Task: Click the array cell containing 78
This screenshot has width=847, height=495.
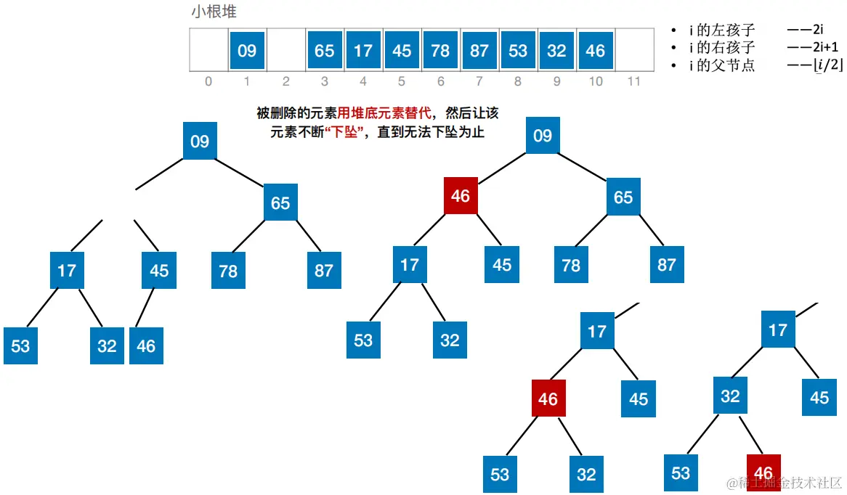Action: [x=440, y=51]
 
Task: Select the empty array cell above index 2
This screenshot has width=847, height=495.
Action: [x=285, y=51]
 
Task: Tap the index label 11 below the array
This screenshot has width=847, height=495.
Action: [x=633, y=81]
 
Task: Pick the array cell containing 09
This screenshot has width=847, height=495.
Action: [x=247, y=51]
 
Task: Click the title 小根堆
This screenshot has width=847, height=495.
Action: [x=214, y=12]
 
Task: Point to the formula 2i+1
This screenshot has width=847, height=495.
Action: [x=807, y=48]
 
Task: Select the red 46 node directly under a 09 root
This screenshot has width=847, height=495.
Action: [x=461, y=196]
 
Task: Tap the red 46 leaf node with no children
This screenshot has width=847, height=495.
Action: [x=763, y=472]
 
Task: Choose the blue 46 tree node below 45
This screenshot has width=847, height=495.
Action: [x=146, y=345]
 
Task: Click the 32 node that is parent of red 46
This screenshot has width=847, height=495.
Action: [x=730, y=396]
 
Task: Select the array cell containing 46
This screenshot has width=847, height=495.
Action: [x=595, y=51]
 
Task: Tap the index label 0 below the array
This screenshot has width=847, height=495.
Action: [x=208, y=81]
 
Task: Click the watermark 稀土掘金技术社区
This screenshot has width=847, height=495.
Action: [x=785, y=483]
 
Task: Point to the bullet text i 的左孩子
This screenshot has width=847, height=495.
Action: [x=722, y=30]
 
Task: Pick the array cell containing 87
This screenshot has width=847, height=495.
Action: [x=479, y=51]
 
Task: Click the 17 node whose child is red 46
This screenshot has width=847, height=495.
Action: [x=597, y=332]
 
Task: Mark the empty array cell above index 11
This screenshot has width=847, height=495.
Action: [x=633, y=51]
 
